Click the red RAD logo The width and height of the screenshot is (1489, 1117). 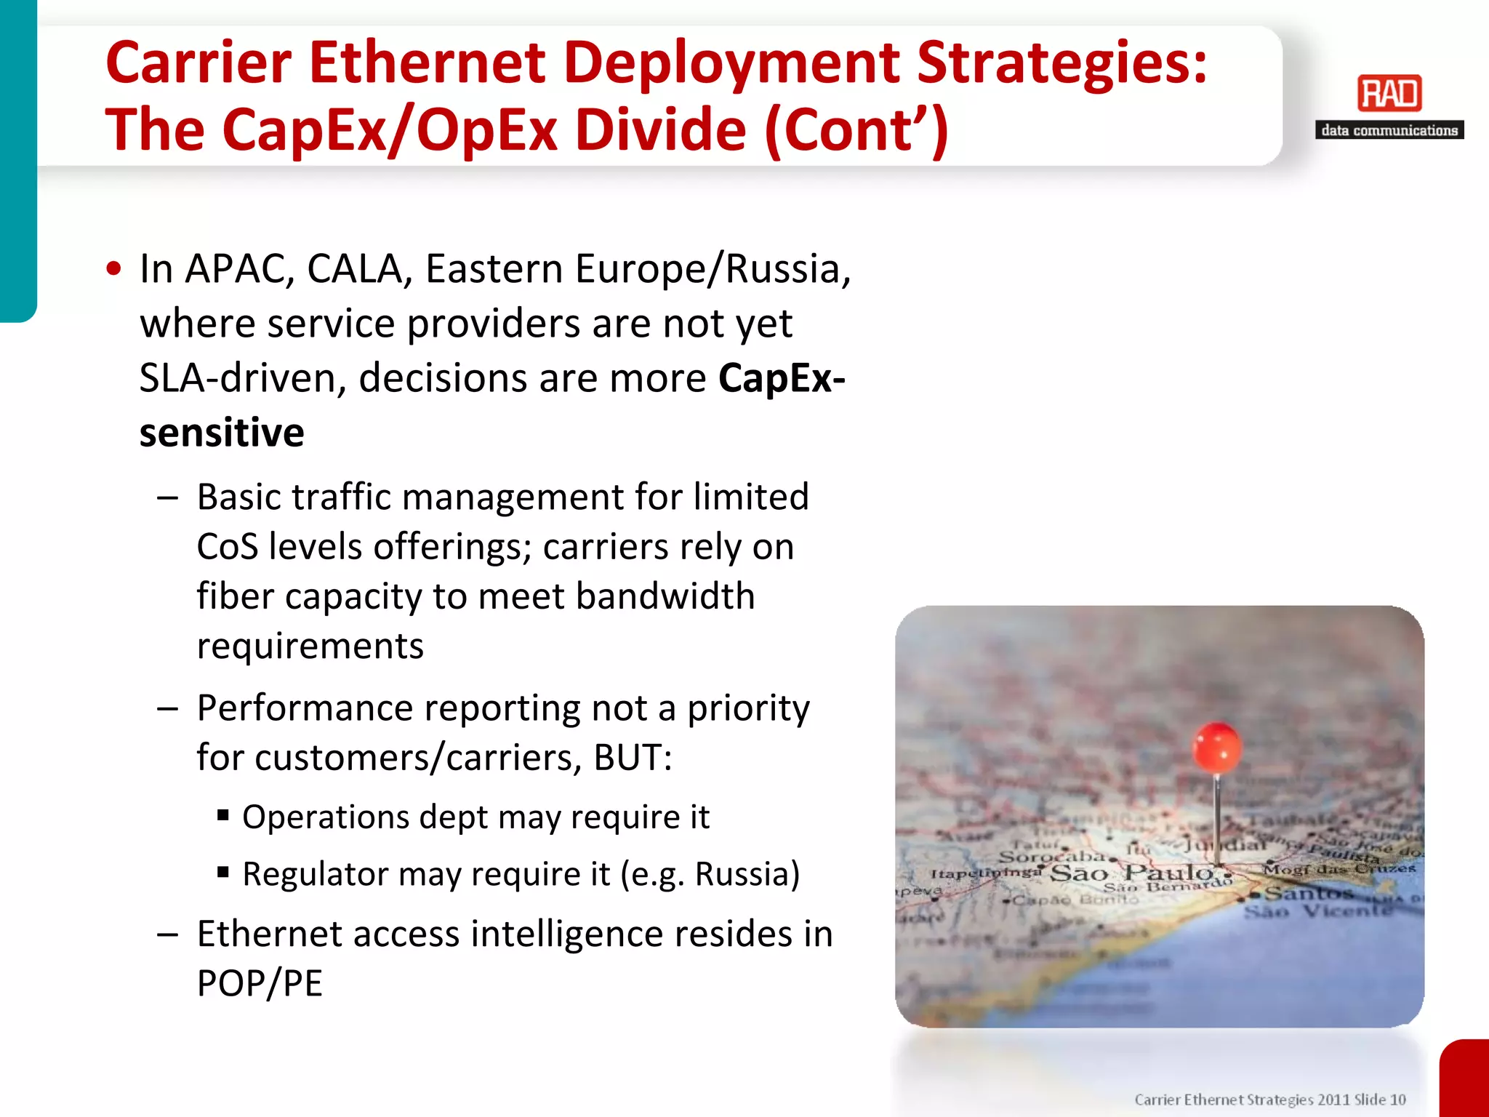click(1389, 94)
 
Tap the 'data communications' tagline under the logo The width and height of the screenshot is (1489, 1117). click(1389, 130)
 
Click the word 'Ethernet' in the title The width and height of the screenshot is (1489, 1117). click(427, 63)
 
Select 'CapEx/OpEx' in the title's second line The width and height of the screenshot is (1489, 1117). click(390, 130)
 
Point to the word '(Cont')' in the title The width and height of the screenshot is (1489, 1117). click(856, 130)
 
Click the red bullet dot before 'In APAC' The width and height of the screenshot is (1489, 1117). click(113, 268)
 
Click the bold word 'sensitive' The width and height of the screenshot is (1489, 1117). click(222, 433)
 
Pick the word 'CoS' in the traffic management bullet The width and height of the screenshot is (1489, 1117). click(227, 547)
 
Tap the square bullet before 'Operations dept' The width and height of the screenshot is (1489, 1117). click(223, 814)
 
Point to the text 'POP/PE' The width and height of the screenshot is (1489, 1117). click(260, 984)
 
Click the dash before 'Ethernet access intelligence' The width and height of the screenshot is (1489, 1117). click(167, 934)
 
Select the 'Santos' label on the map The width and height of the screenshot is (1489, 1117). click(1307, 893)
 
